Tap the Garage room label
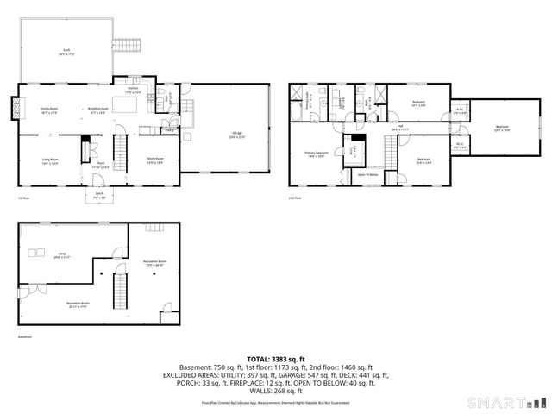point(235,135)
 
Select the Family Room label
point(48,110)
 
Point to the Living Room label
point(51,161)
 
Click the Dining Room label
point(155,161)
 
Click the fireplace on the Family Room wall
point(16,109)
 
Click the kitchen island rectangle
point(126,106)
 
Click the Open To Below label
point(368,174)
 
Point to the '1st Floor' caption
point(24,198)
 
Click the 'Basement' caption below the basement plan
point(25,337)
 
